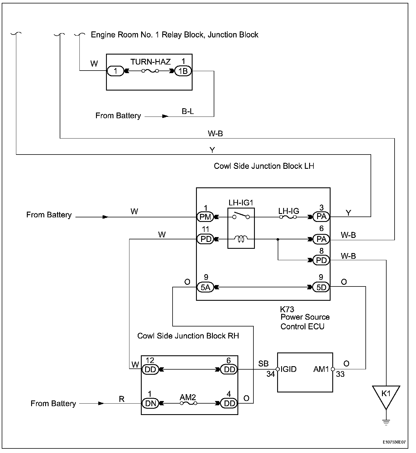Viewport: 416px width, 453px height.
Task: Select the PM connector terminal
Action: coord(205,217)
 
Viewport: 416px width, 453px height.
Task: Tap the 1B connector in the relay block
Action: coord(183,71)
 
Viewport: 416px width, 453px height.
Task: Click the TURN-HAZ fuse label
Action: coord(151,62)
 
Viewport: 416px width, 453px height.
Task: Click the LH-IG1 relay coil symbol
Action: coord(241,239)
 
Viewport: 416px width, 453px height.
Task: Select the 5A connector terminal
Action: coord(205,287)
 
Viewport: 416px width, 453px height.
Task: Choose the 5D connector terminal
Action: coord(321,287)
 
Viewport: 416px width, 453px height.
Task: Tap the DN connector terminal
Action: coord(150,403)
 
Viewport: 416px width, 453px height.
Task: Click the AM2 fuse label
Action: coord(188,397)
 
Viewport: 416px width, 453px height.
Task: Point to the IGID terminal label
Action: coord(289,369)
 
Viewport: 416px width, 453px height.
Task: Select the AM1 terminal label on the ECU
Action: coord(321,369)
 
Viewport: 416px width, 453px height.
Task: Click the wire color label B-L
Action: coord(188,111)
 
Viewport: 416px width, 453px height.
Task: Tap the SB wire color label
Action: coord(263,363)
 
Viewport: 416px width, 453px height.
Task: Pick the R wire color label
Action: coord(122,399)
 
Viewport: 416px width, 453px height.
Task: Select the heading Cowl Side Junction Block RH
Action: coord(188,336)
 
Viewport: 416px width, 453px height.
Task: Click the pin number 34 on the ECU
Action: coord(271,374)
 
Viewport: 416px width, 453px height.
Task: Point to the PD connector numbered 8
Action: coord(321,260)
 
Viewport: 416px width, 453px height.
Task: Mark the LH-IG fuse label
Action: coord(289,211)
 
